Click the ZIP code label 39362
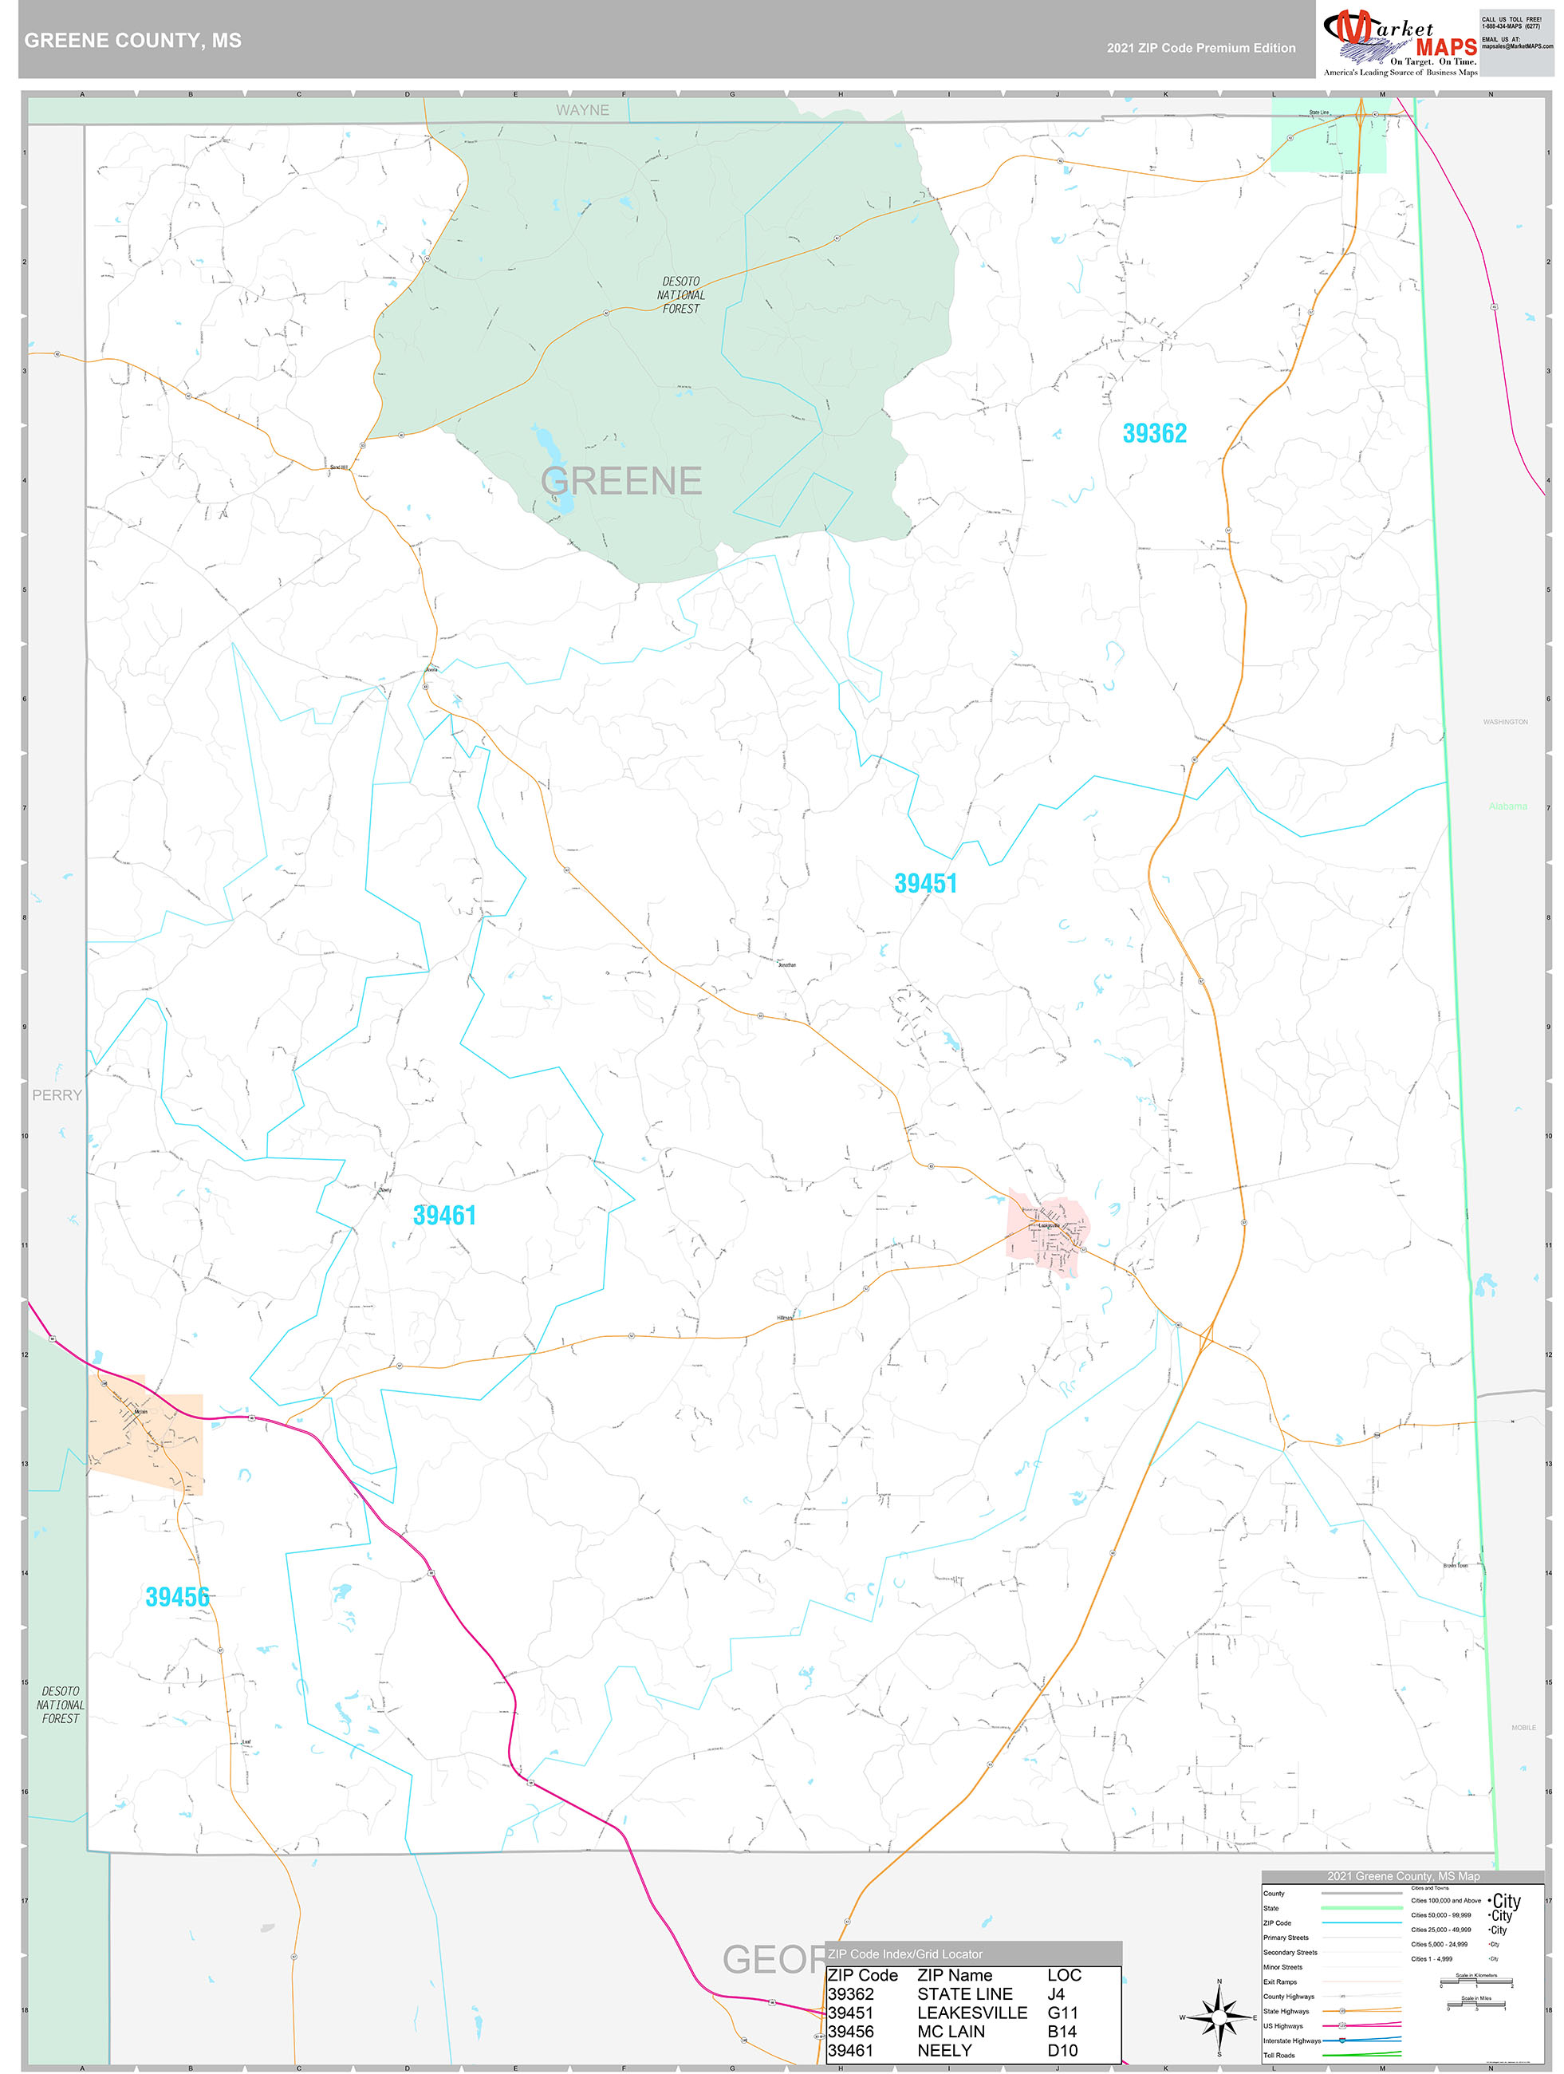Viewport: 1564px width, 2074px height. point(1154,433)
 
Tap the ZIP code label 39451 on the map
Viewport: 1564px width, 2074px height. point(925,883)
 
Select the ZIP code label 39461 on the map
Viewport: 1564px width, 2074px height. point(444,1215)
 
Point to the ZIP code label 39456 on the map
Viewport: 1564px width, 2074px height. point(177,1597)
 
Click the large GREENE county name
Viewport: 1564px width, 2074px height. point(620,481)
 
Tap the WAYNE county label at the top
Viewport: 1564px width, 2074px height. point(581,110)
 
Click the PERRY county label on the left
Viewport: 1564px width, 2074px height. point(57,1095)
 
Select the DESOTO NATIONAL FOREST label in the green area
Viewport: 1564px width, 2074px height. point(681,294)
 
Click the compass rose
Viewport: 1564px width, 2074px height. point(1219,2016)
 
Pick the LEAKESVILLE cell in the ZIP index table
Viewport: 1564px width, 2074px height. point(971,2012)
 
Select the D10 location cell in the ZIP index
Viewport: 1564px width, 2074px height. point(1062,2049)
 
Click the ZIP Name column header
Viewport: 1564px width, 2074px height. point(954,1974)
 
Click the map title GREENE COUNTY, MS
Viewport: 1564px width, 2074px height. point(132,41)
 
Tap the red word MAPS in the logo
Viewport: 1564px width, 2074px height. point(1446,47)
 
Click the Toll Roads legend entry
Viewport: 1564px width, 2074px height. point(1279,2054)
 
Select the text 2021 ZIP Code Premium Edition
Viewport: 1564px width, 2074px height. point(1200,48)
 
